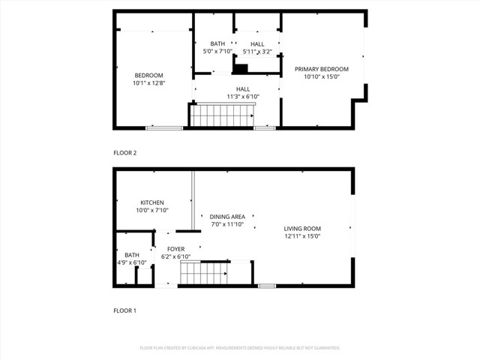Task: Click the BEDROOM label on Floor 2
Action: point(148,75)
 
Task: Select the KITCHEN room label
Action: point(152,202)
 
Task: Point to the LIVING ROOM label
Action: point(302,228)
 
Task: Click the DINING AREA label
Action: point(227,217)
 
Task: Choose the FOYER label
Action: point(175,249)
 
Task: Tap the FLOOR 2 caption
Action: point(125,153)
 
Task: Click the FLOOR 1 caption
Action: point(125,310)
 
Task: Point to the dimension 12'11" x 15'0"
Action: point(302,236)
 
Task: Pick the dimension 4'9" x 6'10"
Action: point(132,262)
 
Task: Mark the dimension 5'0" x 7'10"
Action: point(217,52)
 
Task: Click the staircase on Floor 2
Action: point(222,115)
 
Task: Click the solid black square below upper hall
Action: point(241,69)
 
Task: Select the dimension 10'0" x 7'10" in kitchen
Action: point(152,211)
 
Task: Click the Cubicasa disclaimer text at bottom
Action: point(240,348)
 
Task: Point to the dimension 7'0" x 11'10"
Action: point(227,224)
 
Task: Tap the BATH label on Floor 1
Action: point(132,254)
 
